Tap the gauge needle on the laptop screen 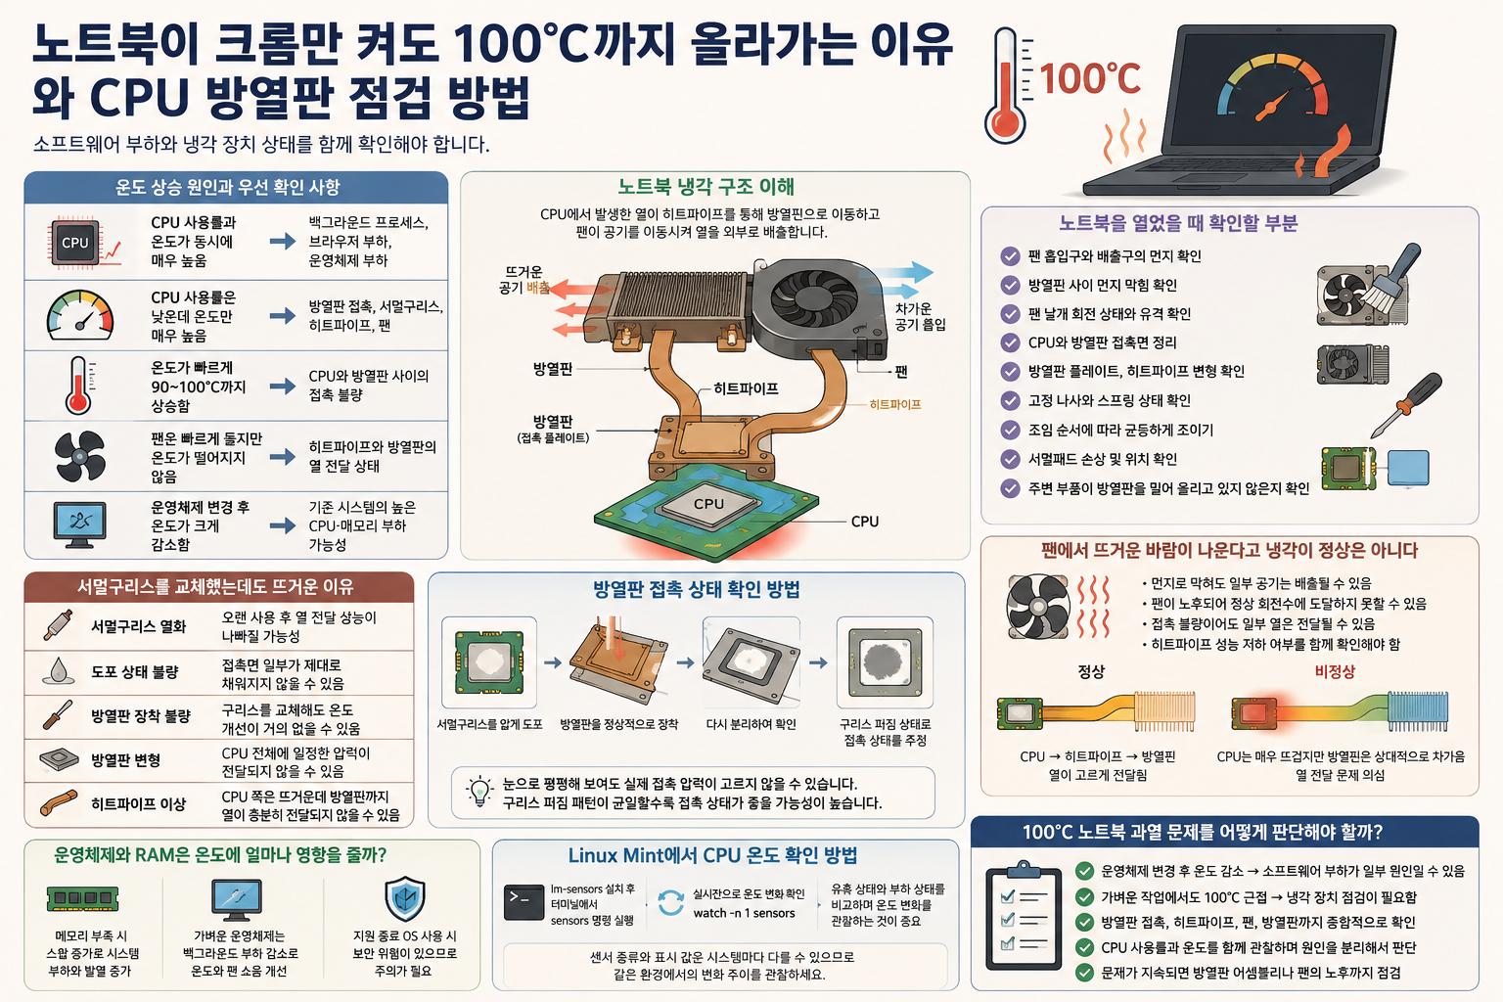click(1272, 106)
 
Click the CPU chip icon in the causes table click(75, 243)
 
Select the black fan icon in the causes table click(80, 456)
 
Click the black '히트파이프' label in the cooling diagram click(747, 388)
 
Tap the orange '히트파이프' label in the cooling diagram click(895, 405)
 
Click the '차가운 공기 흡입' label click(921, 316)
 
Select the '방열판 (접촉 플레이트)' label click(553, 429)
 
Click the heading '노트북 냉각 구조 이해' click(706, 187)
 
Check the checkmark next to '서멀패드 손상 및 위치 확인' click(1010, 459)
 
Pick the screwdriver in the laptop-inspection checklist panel click(1406, 404)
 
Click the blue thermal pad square click(1408, 467)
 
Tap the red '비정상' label click(1335, 671)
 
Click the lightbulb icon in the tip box click(479, 792)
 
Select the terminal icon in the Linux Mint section click(524, 902)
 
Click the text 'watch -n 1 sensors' click(744, 913)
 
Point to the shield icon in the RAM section click(405, 898)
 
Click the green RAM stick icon click(83, 898)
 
